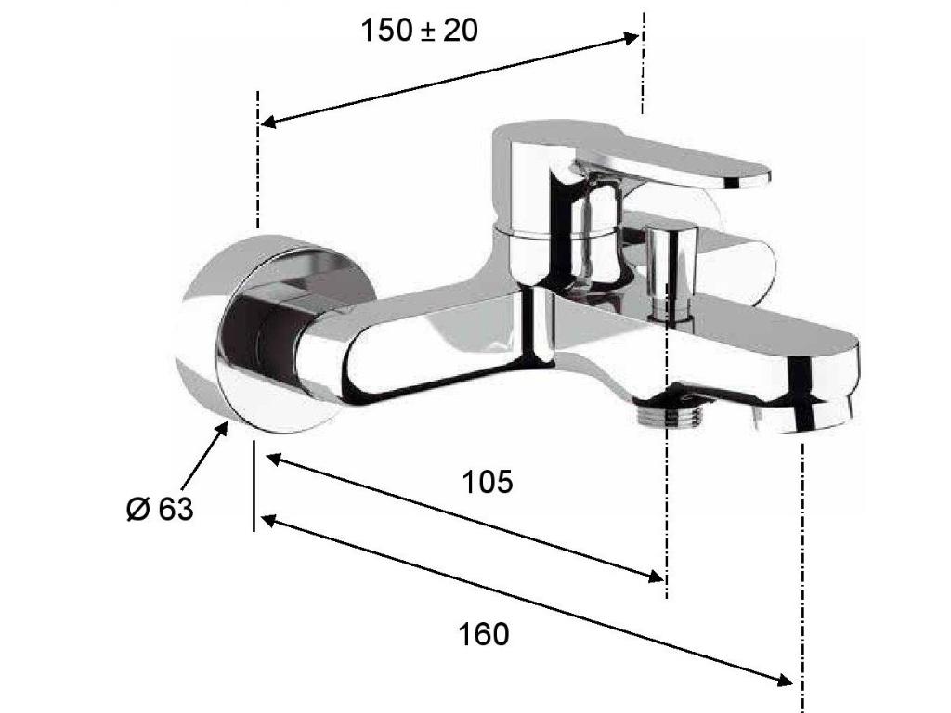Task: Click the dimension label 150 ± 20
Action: coord(419,31)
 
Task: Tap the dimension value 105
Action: coord(487,482)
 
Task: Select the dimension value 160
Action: coord(483,635)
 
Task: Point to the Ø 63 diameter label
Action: coord(160,508)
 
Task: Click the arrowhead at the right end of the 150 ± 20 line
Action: coord(632,38)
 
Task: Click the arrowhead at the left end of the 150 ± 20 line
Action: coord(268,122)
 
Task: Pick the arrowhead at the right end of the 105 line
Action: coord(657,576)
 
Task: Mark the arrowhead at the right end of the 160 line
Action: coord(785,680)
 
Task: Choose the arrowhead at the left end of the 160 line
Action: coord(269,521)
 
